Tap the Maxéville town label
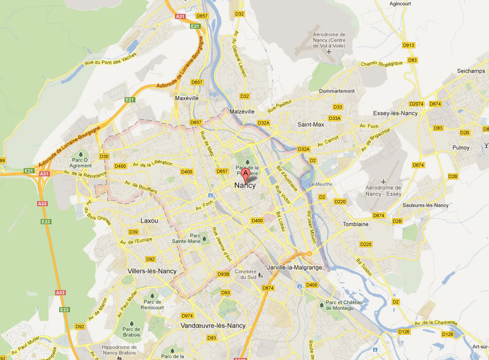click(186, 98)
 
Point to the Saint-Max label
click(310, 124)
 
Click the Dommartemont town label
click(337, 91)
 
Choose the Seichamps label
click(471, 71)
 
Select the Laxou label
click(149, 221)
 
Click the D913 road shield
click(409, 45)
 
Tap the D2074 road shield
click(417, 104)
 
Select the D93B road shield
click(223, 274)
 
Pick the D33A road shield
click(335, 118)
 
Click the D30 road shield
click(104, 156)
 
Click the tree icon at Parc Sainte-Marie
click(204, 238)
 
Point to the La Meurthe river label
click(321, 184)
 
